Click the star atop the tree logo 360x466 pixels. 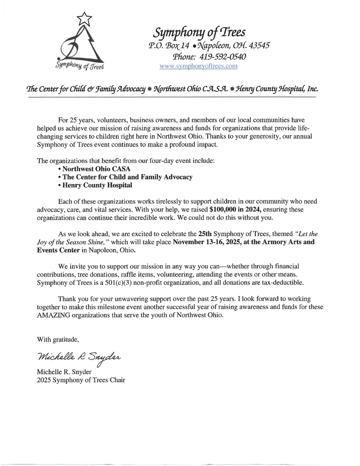[x=84, y=18]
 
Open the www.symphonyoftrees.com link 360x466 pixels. [x=198, y=66]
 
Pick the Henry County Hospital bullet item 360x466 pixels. [x=95, y=185]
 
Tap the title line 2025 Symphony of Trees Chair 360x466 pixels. [x=81, y=380]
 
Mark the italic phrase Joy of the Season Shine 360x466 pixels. [x=69, y=242]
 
